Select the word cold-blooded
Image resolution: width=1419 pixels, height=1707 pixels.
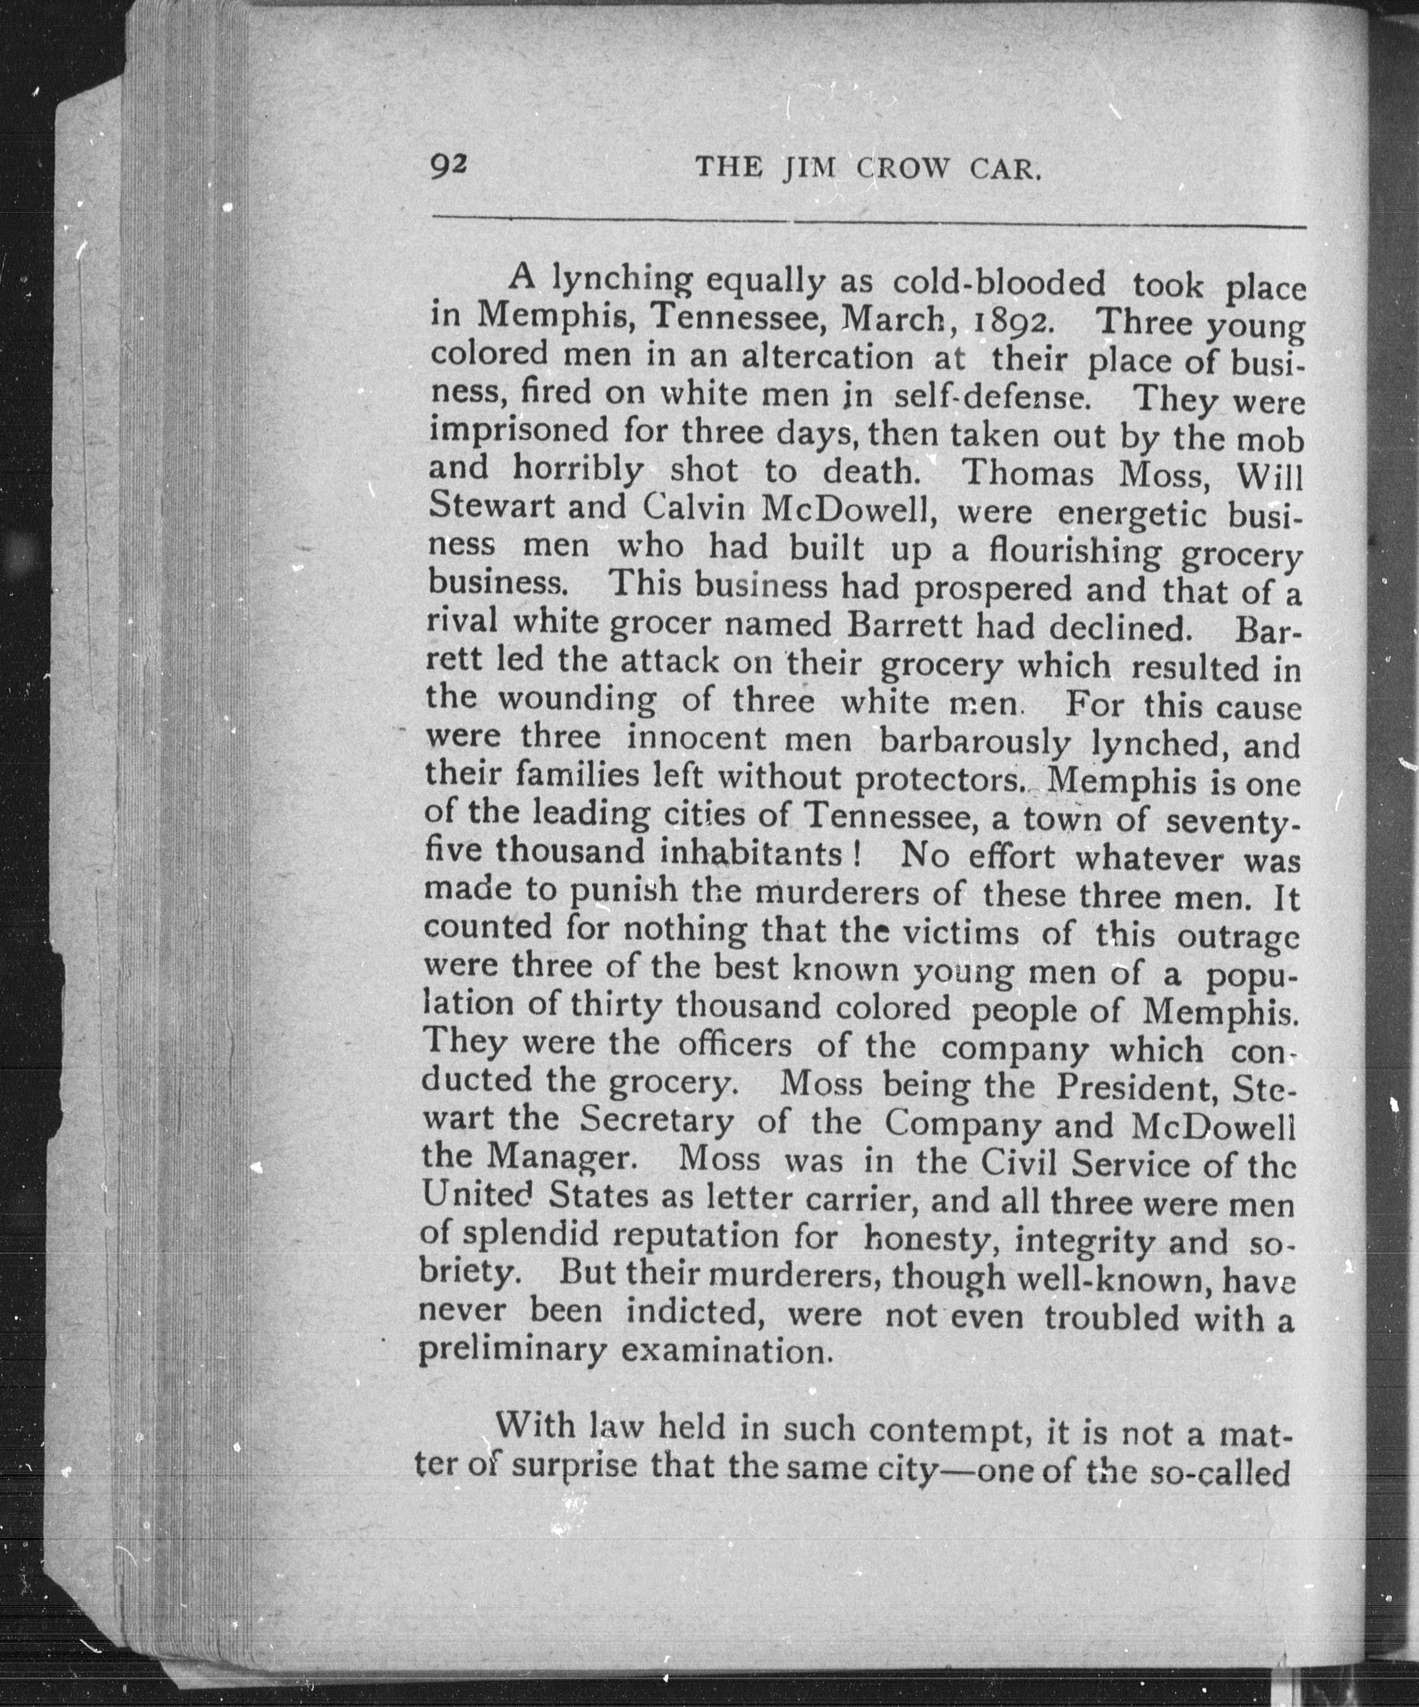coord(999,283)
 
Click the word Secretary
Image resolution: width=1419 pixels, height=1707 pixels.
coord(656,1123)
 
